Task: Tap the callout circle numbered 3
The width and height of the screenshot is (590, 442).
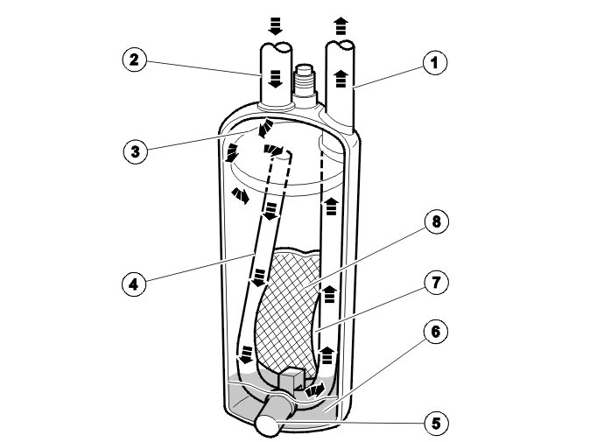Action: (x=133, y=150)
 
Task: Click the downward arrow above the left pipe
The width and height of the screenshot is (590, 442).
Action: (x=276, y=27)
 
